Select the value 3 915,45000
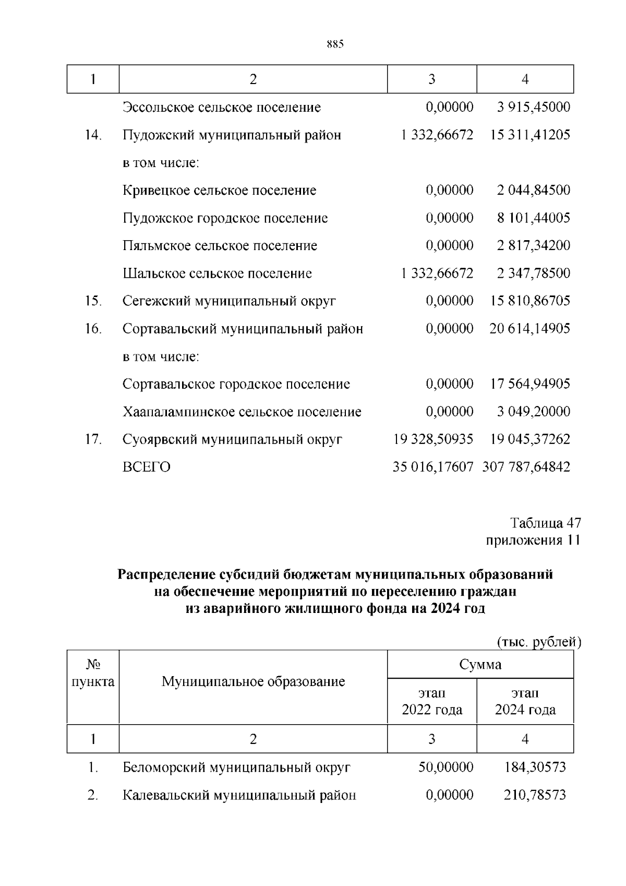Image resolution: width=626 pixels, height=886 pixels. click(533, 108)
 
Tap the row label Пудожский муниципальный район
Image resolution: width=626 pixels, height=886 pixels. click(232, 135)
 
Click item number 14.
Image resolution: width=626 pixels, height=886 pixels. click(93, 135)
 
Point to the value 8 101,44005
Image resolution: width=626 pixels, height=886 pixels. click(533, 218)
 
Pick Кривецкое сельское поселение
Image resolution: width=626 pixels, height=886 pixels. click(220, 191)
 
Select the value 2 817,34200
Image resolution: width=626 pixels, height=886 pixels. click(533, 246)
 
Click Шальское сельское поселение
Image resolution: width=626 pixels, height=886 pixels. click(218, 274)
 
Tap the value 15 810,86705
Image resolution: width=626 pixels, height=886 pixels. click(530, 301)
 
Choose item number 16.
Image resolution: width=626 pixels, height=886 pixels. click(93, 329)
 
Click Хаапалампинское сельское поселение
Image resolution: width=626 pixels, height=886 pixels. click(242, 412)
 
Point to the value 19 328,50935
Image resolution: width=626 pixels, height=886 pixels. click(433, 440)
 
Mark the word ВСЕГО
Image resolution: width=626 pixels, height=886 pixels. click(147, 467)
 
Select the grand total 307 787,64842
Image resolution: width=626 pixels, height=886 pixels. click(526, 467)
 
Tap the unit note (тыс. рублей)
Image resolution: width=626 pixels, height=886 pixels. click(539, 642)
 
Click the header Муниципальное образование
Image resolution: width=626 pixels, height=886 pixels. click(254, 681)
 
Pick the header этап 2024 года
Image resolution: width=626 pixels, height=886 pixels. click(525, 702)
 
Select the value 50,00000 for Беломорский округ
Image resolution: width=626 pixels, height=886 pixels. click(446, 767)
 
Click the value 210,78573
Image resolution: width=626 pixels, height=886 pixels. click(535, 795)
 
